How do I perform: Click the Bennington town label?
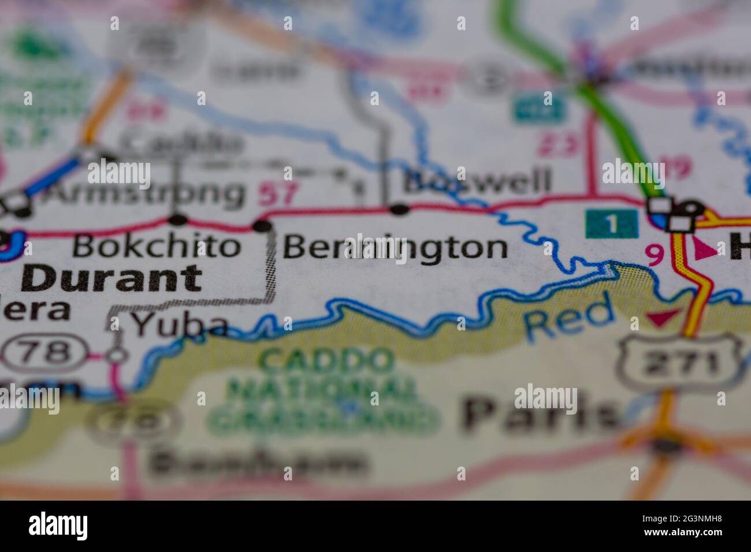396,248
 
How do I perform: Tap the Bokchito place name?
156,247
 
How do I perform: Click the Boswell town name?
477,182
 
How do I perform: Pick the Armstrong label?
144,192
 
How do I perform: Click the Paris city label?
540,414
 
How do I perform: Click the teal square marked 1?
611,223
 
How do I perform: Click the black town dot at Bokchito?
179,219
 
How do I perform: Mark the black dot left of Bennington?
263,225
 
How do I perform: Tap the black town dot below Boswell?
399,208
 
